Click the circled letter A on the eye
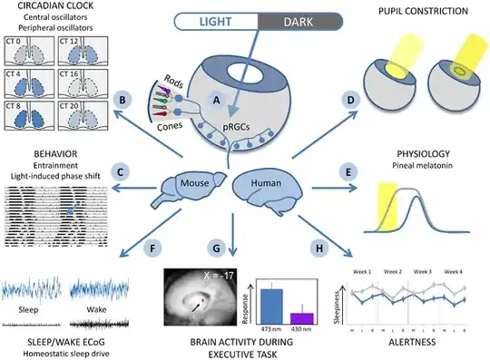pos(215,102)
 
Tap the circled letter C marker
pos(117,170)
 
